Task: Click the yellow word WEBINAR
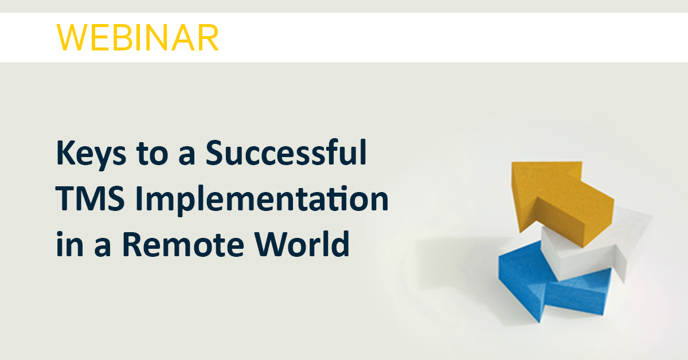[138, 37]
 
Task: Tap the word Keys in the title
[91, 154]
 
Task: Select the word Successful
[286, 152]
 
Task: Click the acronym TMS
[90, 198]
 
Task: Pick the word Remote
[183, 244]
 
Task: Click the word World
[302, 244]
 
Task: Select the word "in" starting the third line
[69, 244]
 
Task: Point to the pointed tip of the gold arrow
[513, 163]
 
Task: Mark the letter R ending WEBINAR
[209, 37]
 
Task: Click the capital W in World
[272, 244]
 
